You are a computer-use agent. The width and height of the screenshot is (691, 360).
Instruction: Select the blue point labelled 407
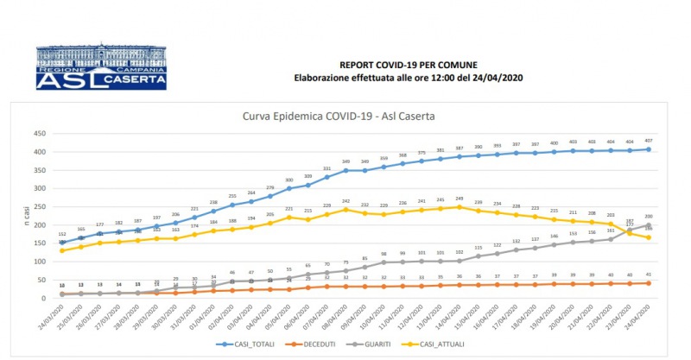[x=649, y=149]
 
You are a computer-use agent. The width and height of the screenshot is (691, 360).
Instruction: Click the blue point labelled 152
[x=61, y=243]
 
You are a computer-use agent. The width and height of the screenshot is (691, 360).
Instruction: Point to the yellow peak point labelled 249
[x=459, y=207]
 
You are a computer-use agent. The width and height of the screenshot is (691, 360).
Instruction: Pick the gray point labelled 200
[x=649, y=225]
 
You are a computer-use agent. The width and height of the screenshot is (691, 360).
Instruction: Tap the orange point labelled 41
[x=649, y=283]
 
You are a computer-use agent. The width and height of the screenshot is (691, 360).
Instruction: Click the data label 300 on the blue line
[x=289, y=180]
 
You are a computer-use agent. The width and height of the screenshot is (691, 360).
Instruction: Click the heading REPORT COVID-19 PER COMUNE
[x=408, y=65]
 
